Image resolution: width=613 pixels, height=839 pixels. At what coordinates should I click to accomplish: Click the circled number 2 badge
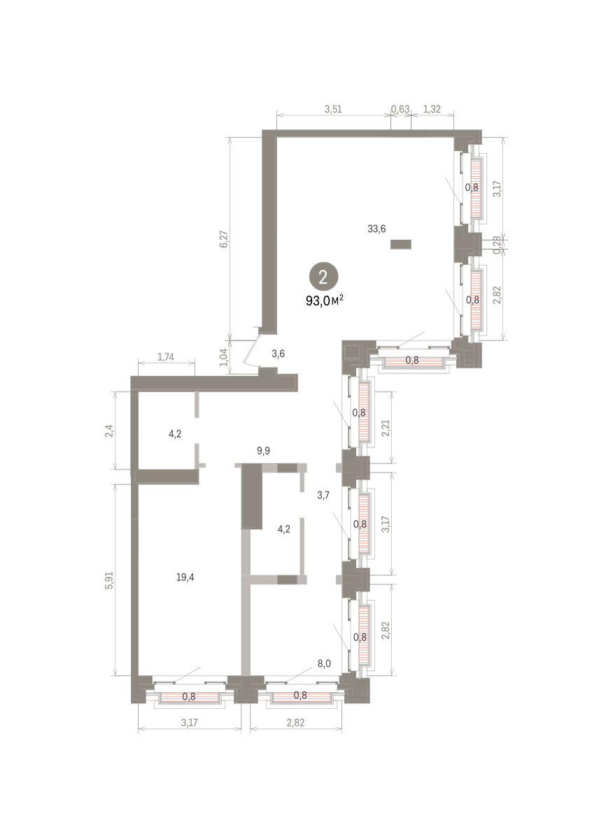coord(323,277)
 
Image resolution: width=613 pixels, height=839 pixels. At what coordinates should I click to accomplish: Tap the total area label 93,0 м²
coord(325,301)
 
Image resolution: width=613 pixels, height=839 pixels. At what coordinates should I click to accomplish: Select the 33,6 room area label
coord(376,229)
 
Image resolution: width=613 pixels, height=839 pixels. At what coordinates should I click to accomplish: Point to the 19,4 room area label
coord(185,578)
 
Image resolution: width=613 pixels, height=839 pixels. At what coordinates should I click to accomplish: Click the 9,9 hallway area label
coord(263,450)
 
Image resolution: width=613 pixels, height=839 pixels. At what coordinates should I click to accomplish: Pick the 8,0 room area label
coord(324,664)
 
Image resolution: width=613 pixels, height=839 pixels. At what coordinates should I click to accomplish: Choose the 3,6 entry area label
coord(279,353)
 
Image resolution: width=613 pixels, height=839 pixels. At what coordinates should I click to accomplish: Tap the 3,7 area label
coord(323,495)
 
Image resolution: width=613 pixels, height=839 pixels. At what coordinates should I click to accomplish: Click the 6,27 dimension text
coord(224,239)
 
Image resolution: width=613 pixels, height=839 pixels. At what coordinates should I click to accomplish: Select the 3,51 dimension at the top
coord(333,109)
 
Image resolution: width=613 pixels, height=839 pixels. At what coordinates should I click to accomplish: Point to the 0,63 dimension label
coord(400,109)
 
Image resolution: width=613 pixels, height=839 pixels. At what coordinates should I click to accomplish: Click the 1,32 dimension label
coord(432,109)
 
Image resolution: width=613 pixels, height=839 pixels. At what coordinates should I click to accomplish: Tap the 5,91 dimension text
coord(109,580)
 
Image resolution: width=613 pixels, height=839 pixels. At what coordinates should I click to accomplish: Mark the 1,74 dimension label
coord(165,357)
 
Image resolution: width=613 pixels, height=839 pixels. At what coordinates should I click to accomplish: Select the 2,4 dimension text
coord(109,431)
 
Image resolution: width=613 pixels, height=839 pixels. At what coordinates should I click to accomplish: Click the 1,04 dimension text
coord(224,357)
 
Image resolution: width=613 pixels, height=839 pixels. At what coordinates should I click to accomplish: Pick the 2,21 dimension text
coord(386,429)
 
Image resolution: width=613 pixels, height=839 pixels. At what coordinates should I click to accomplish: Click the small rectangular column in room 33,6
coord(401,244)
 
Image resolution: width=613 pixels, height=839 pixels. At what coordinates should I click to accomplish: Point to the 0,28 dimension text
coord(497,245)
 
